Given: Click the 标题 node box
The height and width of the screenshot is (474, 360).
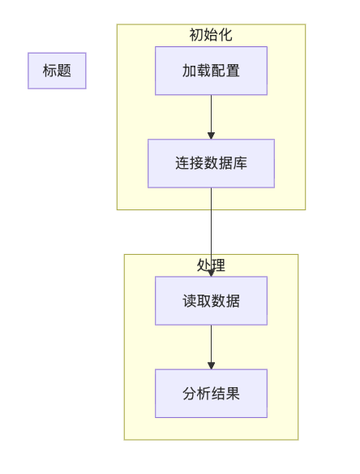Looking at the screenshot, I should pos(57,71).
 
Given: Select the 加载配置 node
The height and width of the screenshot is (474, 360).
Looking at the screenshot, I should pos(211,71).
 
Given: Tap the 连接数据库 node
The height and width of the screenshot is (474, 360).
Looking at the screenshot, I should pos(211,163).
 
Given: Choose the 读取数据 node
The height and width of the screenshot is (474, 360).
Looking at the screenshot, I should pos(211,301).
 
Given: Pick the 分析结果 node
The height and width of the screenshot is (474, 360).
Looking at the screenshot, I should pos(211,394).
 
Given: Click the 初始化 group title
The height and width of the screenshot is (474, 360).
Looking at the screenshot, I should pos(211,35).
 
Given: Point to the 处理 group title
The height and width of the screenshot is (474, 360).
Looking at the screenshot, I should pos(211,265).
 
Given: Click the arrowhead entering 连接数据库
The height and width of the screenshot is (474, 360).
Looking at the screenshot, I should pos(211,135).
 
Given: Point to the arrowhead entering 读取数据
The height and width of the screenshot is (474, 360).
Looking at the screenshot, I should pos(211,274).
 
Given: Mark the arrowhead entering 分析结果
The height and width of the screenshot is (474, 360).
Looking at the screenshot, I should pos(211,365).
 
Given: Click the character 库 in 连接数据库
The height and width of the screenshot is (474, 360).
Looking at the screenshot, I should pos(240,163).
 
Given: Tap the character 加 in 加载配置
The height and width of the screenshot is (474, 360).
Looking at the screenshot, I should pos(189,71).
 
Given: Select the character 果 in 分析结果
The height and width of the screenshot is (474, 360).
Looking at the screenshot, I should pos(233,394).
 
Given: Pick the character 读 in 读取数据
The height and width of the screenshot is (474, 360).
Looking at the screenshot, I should pos(189,301).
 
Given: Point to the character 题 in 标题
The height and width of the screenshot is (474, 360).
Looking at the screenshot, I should pos(64,71).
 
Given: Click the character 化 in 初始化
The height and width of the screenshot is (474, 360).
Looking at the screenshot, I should pos(225,35).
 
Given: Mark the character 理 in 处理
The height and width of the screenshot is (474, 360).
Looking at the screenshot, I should pos(218,265).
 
